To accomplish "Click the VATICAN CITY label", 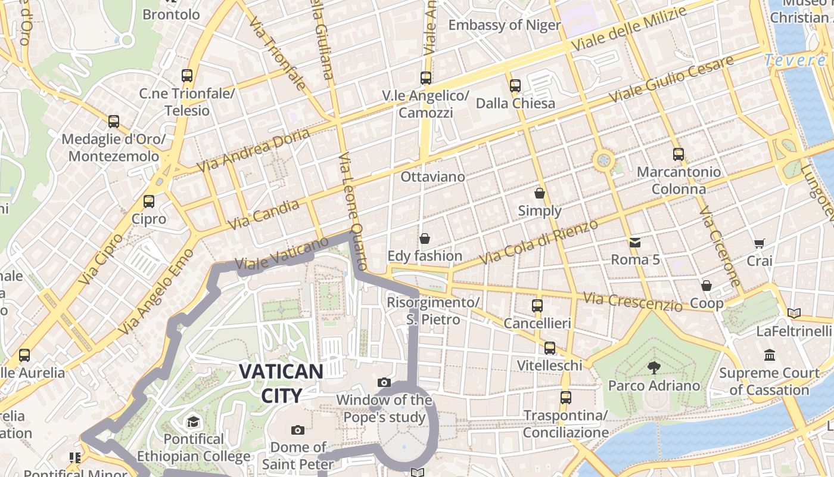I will click(281, 383).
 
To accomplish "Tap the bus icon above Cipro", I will click(149, 202).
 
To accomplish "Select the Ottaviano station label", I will click(432, 177).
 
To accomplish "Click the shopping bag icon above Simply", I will click(539, 194).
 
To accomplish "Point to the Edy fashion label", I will click(425, 256).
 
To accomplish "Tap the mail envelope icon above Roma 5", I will click(635, 243).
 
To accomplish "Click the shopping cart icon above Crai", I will click(759, 243).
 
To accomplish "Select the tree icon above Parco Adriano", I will click(653, 367).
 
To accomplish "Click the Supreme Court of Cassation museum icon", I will click(770, 355).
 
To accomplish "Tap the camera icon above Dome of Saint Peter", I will click(298, 430).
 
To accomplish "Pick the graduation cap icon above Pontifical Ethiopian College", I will click(193, 422).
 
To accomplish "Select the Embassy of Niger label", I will click(504, 25).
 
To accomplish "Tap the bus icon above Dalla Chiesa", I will click(515, 86).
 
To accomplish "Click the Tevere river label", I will click(795, 60).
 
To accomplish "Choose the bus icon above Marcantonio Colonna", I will click(678, 154).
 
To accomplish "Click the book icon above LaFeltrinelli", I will click(793, 313).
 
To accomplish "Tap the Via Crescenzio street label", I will click(633, 301).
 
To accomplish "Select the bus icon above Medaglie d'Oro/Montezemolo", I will click(114, 122).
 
